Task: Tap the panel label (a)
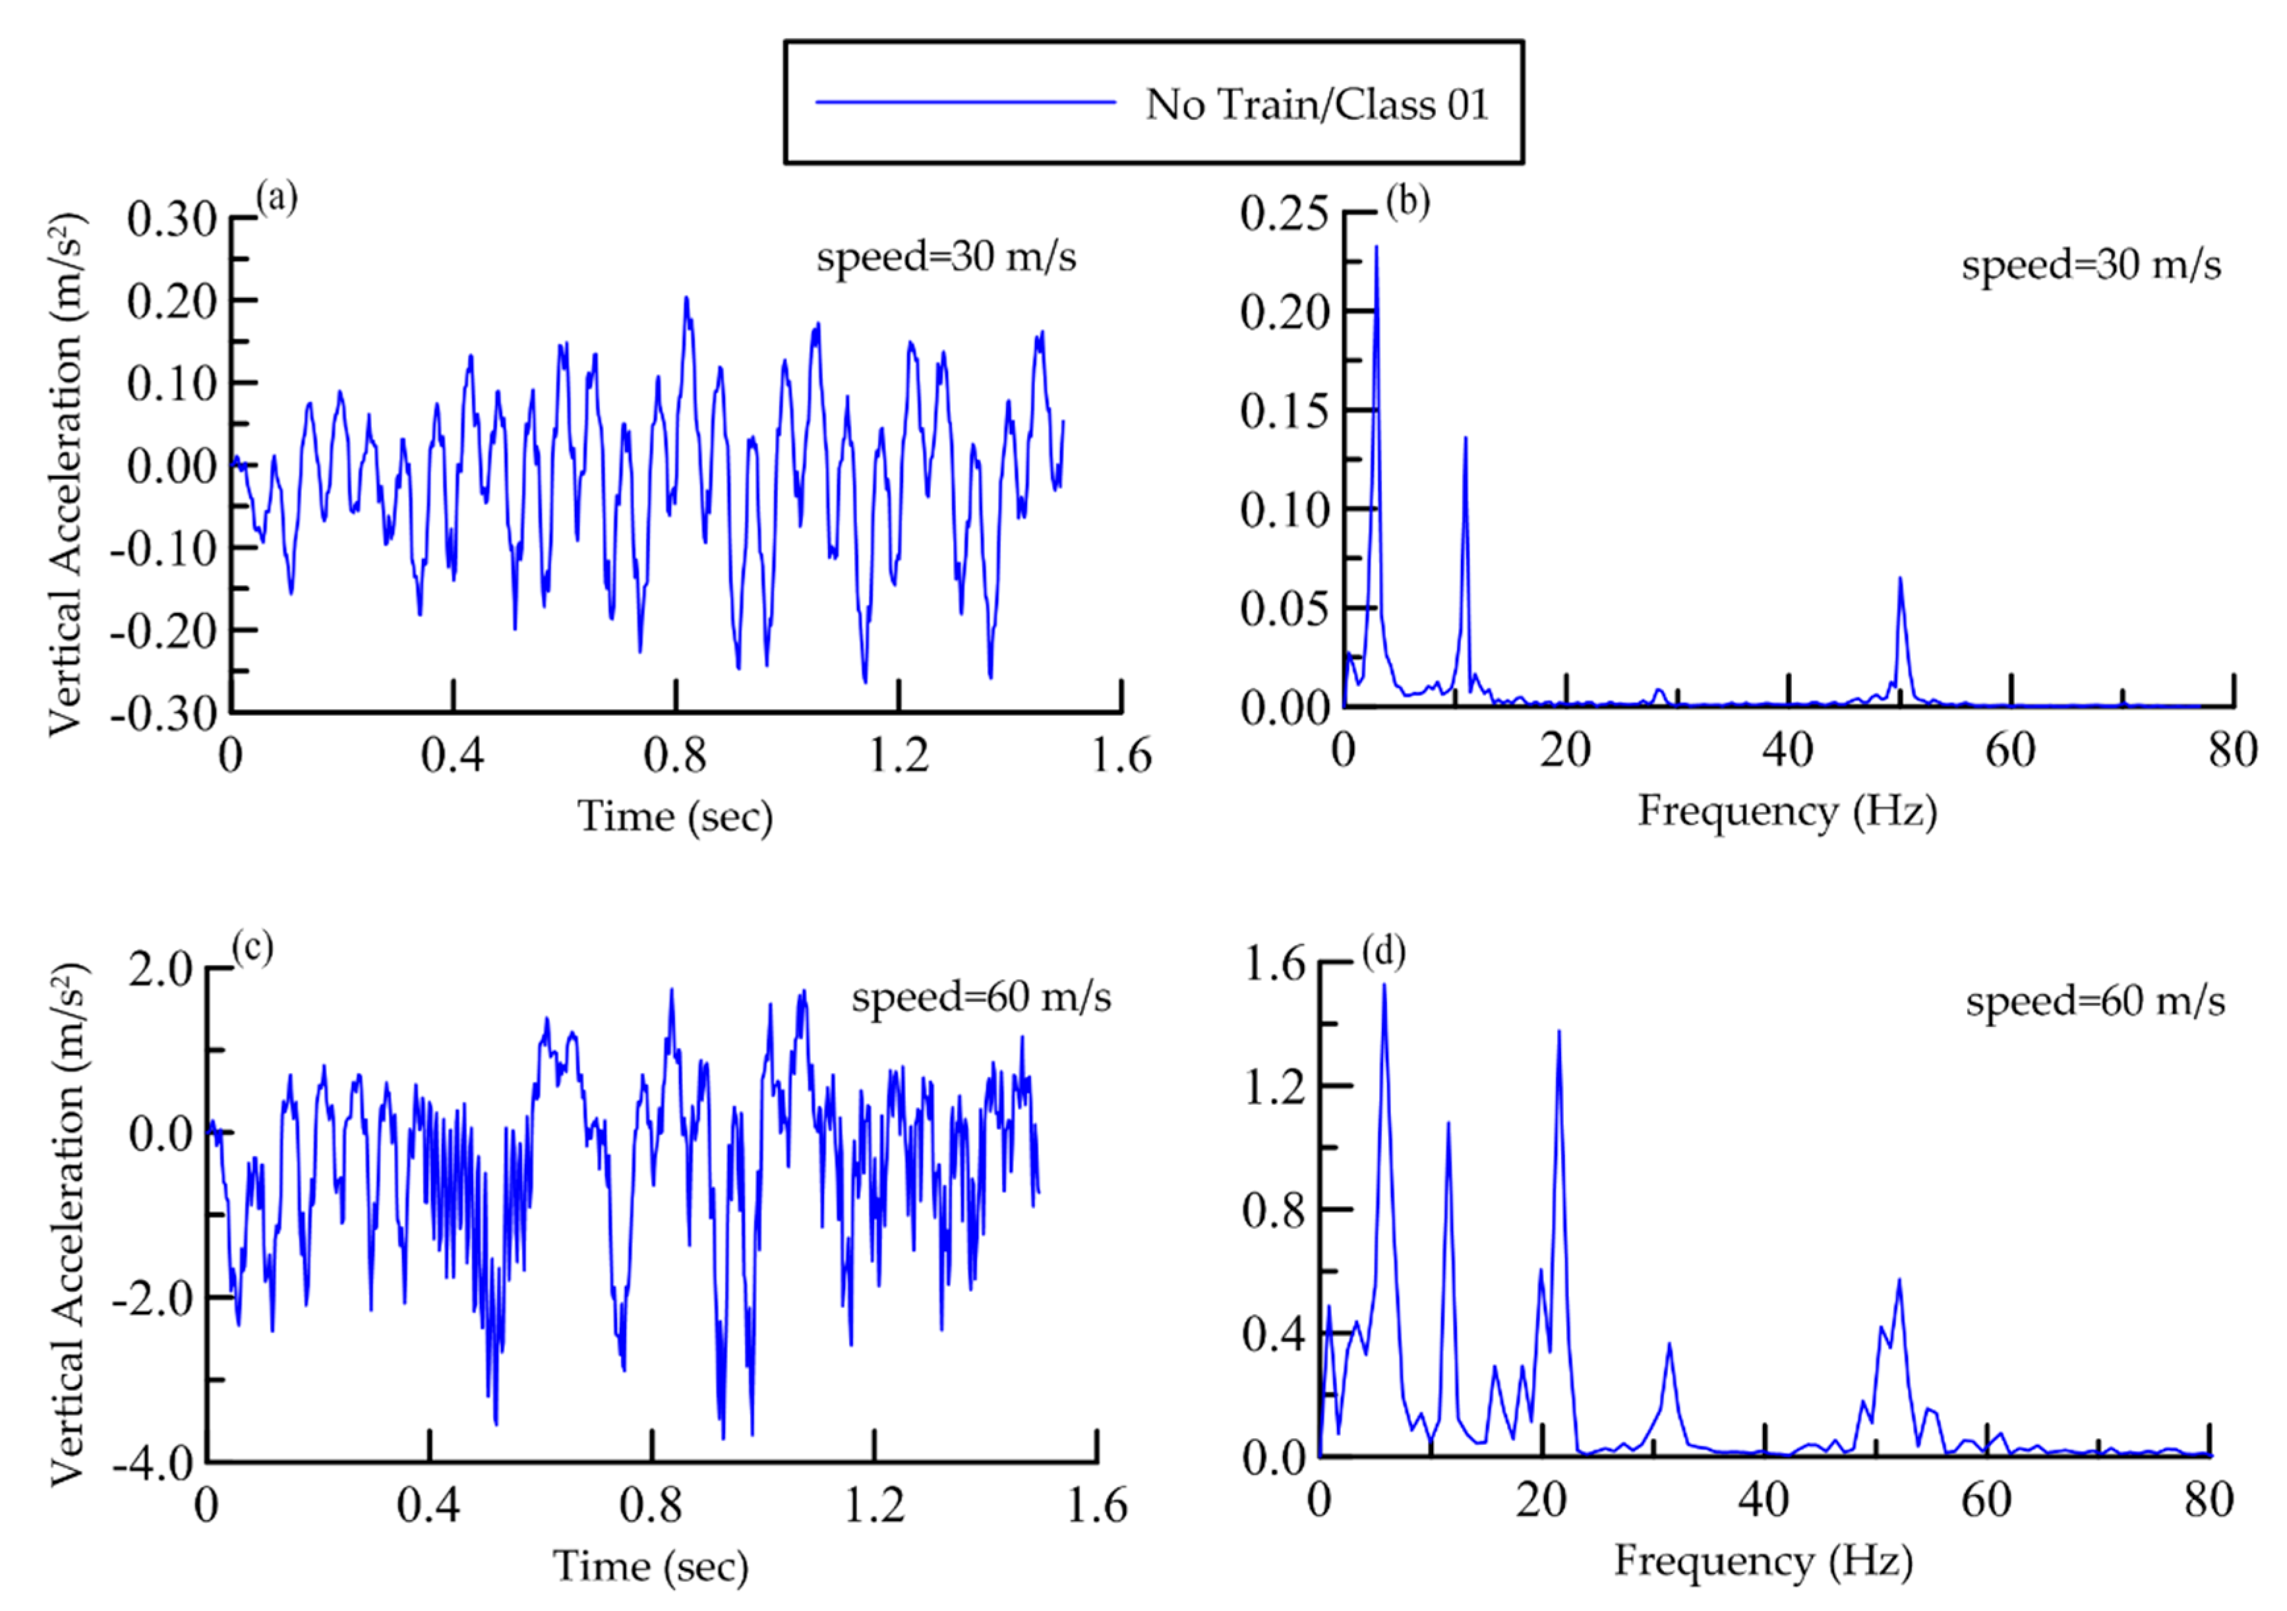[276, 198]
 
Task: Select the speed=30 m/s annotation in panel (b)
[2091, 265]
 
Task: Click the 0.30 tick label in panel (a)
[171, 219]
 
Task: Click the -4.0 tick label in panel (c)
[152, 1463]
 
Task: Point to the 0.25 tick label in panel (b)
[1284, 213]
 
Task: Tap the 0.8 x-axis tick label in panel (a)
[674, 755]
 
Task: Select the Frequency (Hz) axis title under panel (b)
[1787, 811]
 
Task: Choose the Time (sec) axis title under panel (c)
[651, 1566]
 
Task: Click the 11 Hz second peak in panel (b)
[1466, 438]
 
